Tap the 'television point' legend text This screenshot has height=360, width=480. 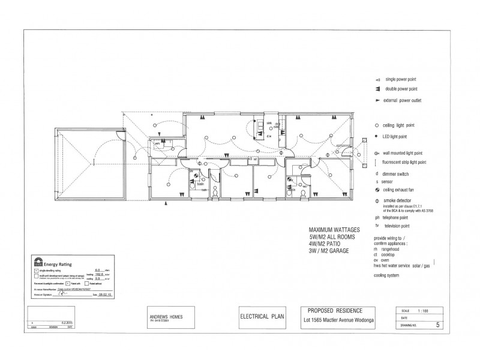coord(397,227)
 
